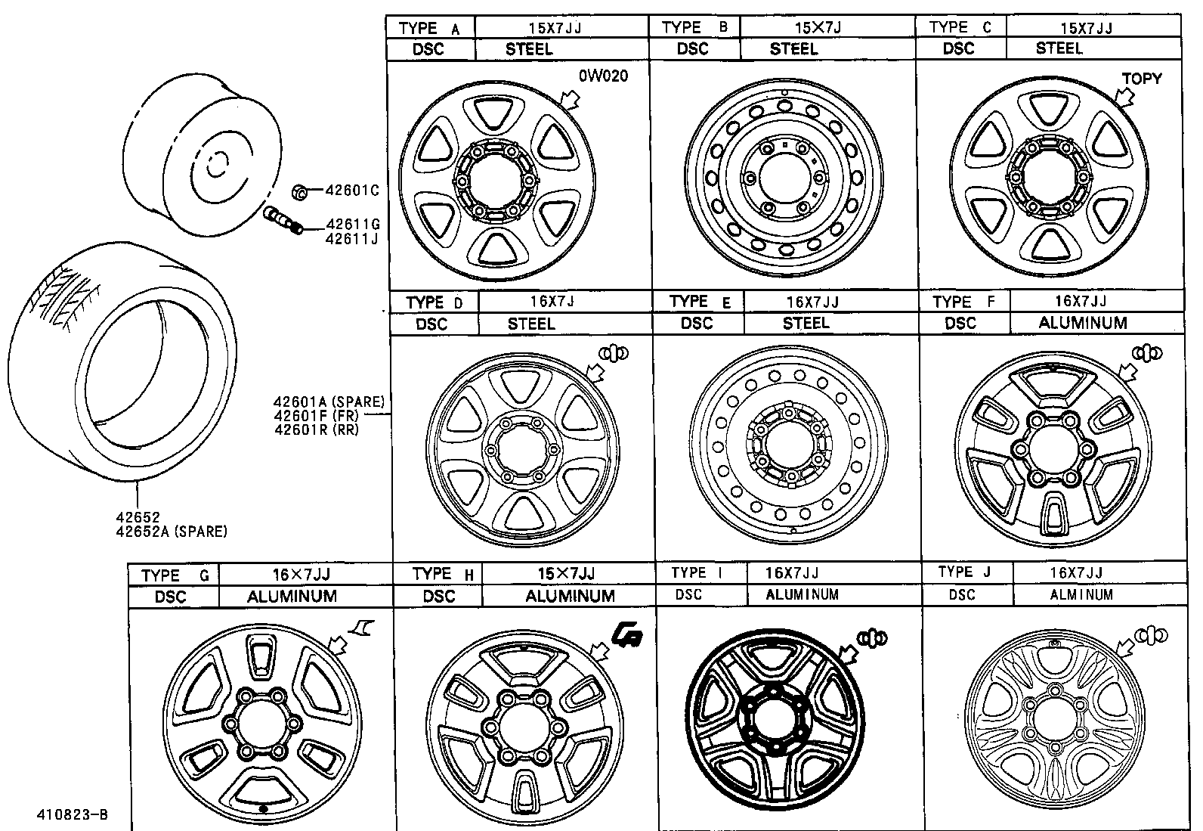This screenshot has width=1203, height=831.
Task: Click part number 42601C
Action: tap(352, 191)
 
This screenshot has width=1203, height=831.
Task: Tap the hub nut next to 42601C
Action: tap(298, 192)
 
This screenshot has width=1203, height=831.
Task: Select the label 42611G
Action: tap(352, 225)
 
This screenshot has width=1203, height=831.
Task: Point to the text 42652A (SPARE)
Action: tap(172, 532)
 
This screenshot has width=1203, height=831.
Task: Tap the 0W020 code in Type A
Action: tap(603, 76)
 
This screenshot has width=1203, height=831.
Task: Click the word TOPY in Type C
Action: tap(1141, 79)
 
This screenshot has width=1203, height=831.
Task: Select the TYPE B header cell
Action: tap(694, 27)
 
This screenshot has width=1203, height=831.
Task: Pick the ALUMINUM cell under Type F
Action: tap(1082, 323)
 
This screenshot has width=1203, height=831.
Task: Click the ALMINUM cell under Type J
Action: tap(1081, 595)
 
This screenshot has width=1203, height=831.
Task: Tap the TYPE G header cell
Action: tap(174, 575)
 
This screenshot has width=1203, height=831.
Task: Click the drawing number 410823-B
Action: tap(73, 815)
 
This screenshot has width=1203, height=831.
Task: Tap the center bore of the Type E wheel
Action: tap(786, 445)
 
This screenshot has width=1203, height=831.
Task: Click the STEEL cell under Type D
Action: tap(531, 324)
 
